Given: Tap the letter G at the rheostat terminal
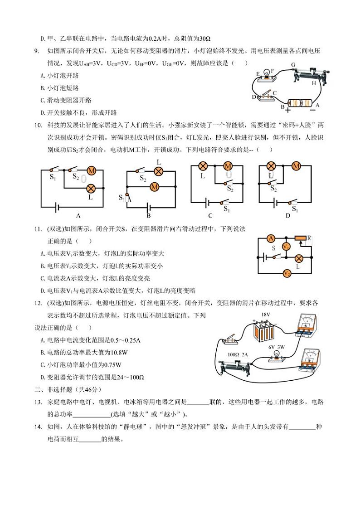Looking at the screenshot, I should click(293, 65).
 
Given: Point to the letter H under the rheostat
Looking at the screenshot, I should click(314, 83).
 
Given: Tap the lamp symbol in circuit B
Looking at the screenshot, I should click(158, 171).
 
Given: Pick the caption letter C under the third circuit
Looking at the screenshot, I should click(210, 216).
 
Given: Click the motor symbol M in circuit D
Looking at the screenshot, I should click(296, 166).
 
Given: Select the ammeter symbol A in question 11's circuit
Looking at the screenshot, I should click(271, 238).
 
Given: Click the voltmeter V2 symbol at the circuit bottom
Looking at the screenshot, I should click(287, 273).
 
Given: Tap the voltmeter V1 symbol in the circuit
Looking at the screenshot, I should click(286, 247).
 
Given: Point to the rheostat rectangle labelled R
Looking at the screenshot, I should click(300, 238).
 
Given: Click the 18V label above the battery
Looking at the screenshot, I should click(266, 315).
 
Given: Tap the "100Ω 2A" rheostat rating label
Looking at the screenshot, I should click(239, 354).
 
